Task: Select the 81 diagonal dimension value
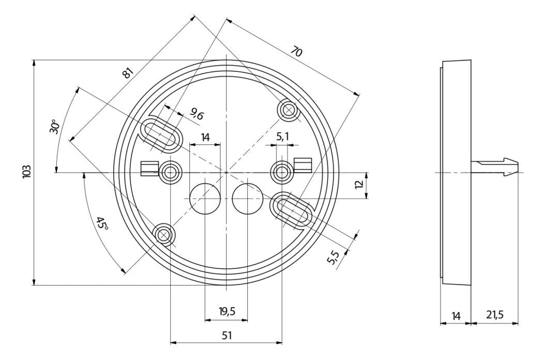coord(127,72)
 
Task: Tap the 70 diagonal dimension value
coord(296,52)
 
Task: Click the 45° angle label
coord(102,224)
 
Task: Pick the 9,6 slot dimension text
coord(197,114)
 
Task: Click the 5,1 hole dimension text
coord(283,137)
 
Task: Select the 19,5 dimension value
coord(226,311)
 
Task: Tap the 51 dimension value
coord(226,335)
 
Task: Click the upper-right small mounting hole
coord(288,110)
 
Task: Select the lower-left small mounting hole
coord(164,235)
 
